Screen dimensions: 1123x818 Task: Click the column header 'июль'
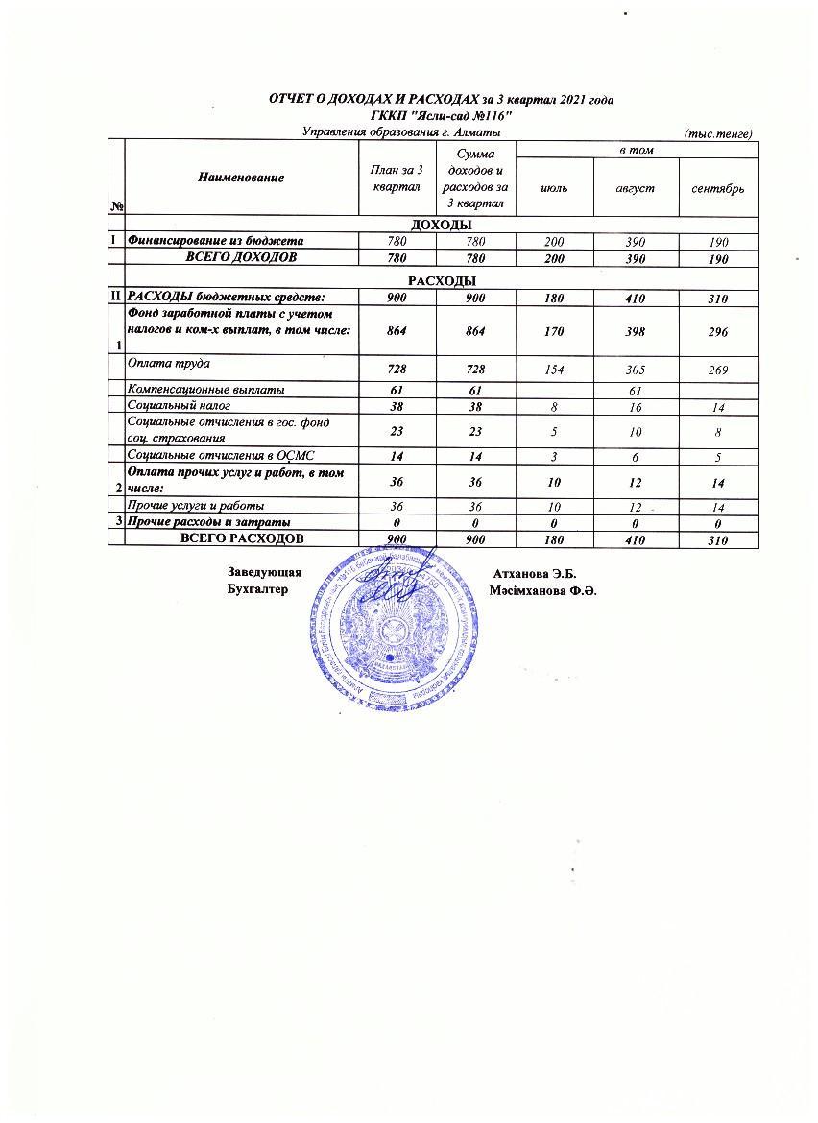pyautogui.click(x=554, y=188)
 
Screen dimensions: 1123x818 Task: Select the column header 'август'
pyautogui.click(x=635, y=188)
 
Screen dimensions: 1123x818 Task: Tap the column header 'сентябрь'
pyautogui.click(x=718, y=188)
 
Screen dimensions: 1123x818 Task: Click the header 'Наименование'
pyautogui.click(x=241, y=178)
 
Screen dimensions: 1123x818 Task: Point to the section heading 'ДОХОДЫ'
pyautogui.click(x=442, y=225)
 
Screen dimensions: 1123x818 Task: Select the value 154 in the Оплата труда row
pyautogui.click(x=554, y=370)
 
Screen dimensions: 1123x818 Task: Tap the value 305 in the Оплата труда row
pyautogui.click(x=635, y=370)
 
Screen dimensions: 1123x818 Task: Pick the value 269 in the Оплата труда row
pyautogui.click(x=718, y=370)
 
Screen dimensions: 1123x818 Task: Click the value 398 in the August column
pyautogui.click(x=635, y=331)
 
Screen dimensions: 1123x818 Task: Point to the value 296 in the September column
pyautogui.click(x=718, y=331)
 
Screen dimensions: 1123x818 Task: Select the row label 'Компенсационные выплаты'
pyautogui.click(x=205, y=390)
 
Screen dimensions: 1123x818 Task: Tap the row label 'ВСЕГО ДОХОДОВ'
pyautogui.click(x=241, y=257)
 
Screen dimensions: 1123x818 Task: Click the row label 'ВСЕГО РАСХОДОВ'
pyautogui.click(x=243, y=538)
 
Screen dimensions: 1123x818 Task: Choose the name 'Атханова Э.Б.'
pyautogui.click(x=533, y=574)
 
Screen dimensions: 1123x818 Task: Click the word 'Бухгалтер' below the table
pyautogui.click(x=257, y=589)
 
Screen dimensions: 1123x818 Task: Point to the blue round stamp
pyautogui.click(x=393, y=624)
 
